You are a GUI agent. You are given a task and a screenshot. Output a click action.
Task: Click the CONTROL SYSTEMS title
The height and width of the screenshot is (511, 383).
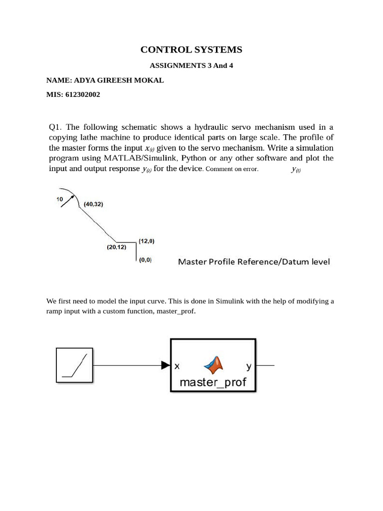pyautogui.click(x=191, y=49)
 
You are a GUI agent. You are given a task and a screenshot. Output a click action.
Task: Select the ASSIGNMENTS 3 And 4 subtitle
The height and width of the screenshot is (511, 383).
pyautogui.click(x=191, y=66)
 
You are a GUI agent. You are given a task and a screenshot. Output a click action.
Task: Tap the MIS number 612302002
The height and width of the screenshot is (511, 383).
pyautogui.click(x=82, y=94)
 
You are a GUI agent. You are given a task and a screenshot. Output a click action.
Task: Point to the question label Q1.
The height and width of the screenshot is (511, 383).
pyautogui.click(x=54, y=127)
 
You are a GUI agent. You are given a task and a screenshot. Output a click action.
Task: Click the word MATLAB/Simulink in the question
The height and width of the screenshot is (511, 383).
pyautogui.click(x=140, y=158)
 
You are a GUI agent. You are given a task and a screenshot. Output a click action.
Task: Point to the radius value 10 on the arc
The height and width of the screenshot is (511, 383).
pyautogui.click(x=59, y=200)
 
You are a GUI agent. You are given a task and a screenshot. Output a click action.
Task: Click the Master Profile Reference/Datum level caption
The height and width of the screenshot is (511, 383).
pyautogui.click(x=254, y=261)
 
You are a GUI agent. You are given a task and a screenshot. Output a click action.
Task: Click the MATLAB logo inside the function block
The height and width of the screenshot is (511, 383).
pyautogui.click(x=214, y=365)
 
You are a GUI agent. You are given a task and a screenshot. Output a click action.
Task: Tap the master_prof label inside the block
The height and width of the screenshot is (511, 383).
pyautogui.click(x=213, y=383)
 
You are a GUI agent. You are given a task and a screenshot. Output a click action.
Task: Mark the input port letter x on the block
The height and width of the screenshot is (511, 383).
pyautogui.click(x=177, y=366)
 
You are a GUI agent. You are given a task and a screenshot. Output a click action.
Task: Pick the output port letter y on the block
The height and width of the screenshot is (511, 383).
pyautogui.click(x=249, y=366)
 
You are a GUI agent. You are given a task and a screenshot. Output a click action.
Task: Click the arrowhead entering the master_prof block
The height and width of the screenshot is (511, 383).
pyautogui.click(x=166, y=365)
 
